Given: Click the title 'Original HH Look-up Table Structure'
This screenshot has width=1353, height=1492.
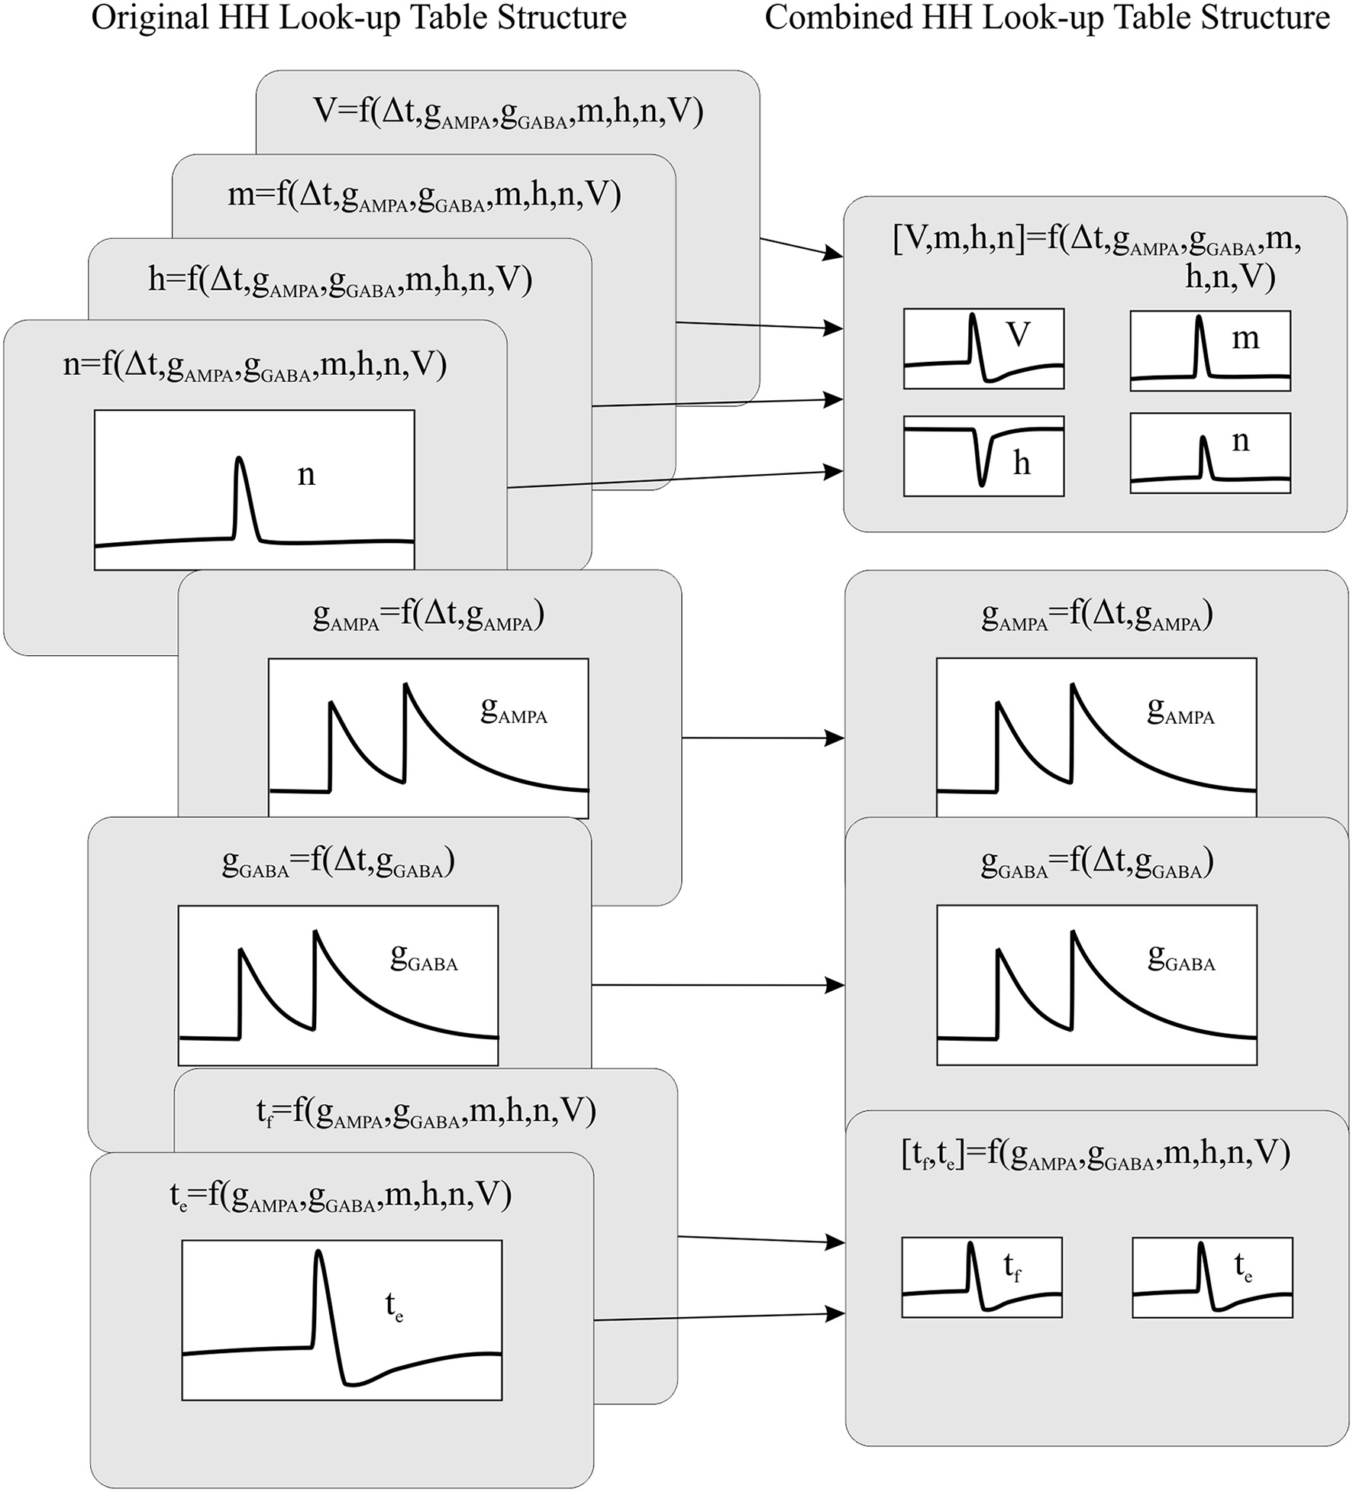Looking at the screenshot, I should [359, 18].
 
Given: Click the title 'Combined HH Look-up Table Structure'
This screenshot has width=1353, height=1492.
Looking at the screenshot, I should [1047, 18].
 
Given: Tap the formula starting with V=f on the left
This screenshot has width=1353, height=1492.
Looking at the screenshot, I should [508, 111].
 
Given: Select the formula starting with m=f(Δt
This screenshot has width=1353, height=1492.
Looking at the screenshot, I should [424, 195].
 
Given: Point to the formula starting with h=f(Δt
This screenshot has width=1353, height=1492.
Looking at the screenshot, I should [340, 280].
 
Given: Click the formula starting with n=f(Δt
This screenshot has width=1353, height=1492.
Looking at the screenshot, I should [254, 365].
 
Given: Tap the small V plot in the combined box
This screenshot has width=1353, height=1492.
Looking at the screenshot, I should [983, 349].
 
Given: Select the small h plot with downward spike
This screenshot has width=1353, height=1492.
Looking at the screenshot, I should [983, 456].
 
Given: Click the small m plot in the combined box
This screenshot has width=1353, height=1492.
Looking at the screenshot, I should [1210, 350].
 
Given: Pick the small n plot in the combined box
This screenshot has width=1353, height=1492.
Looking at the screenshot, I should [1210, 454].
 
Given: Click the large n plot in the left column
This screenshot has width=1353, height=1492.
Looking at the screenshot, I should [254, 490].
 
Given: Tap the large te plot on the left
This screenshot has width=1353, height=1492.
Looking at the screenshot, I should [341, 1320].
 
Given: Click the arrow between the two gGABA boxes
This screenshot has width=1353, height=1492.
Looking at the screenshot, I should [718, 986].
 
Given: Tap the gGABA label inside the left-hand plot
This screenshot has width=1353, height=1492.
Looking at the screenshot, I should [424, 958].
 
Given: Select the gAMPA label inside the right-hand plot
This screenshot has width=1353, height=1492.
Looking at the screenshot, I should [1180, 711].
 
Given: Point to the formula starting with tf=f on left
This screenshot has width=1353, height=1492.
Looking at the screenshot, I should [426, 1112].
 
